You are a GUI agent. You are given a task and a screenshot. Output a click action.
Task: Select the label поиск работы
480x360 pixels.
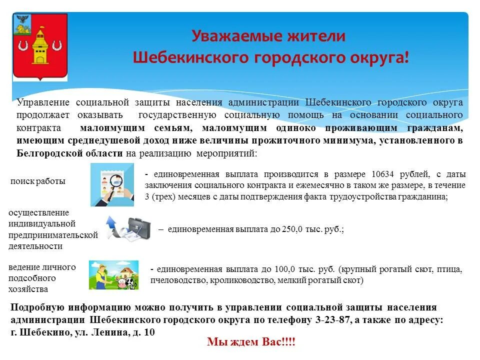[38, 181]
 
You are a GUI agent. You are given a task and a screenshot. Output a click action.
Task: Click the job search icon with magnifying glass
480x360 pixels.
[112, 185]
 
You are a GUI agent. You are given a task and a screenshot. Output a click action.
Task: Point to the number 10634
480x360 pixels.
[382, 174]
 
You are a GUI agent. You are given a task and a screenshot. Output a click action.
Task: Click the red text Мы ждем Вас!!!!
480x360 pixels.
[251, 342]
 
